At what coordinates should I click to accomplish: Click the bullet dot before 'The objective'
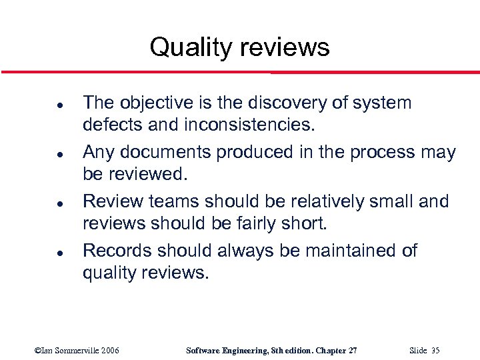click(42, 104)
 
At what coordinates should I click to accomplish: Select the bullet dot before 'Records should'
click(42, 251)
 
